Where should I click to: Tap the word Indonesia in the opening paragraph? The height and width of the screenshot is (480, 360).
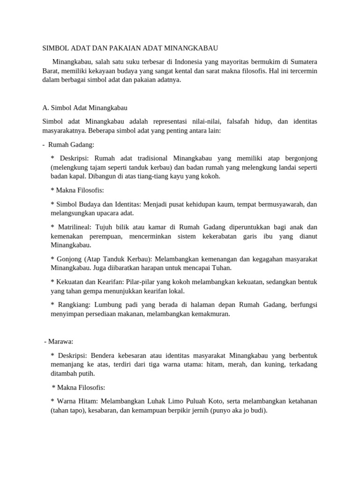pos(187,61)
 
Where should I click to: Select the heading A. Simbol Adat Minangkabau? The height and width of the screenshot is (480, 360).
pos(85,107)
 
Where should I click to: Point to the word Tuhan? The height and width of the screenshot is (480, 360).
pos(221,268)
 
